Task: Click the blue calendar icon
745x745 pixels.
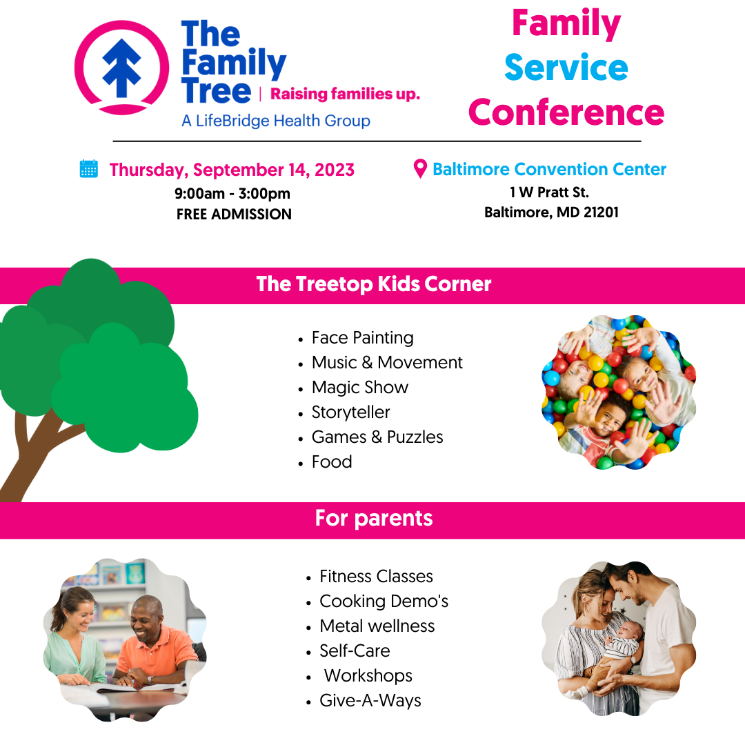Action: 89,169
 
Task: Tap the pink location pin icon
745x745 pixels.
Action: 420,169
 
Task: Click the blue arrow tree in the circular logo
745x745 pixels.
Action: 122,68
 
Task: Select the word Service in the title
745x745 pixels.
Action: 566,68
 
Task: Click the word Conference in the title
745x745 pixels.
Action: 566,112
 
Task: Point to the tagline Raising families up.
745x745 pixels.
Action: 346,94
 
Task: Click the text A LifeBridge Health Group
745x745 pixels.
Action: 275,121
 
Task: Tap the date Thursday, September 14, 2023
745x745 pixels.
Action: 232,170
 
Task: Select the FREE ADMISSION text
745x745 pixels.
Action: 234,215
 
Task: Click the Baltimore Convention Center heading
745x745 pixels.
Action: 549,169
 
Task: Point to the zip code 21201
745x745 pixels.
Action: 601,212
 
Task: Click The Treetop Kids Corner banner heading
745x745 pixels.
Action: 373,284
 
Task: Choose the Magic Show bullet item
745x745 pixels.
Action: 359,388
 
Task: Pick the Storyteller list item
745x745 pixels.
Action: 350,413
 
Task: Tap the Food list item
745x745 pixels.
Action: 332,461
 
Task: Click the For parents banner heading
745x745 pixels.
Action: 374,518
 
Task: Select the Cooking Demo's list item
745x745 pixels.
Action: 384,601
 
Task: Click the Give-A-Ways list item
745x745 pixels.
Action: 370,700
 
